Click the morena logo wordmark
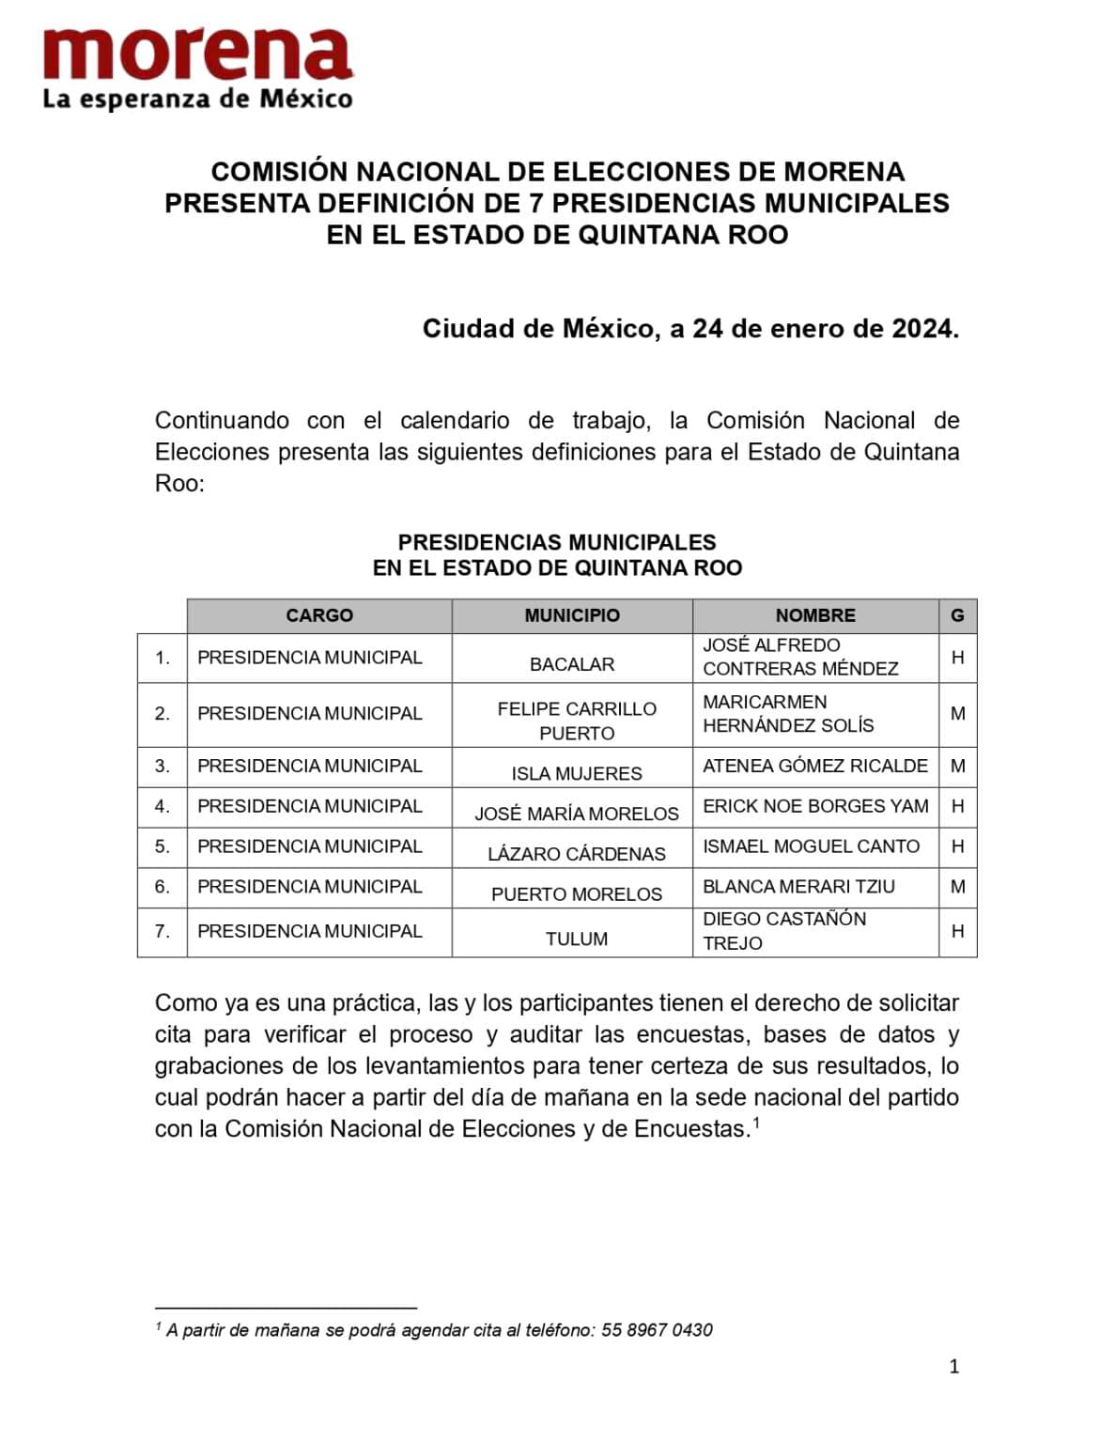pos(197,54)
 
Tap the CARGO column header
pos(319,615)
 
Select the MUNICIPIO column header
pos(572,615)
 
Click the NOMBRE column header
pos(815,615)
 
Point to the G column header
pos(957,615)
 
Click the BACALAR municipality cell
pos(572,664)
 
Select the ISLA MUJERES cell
pos(577,773)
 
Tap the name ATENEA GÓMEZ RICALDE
pos(815,766)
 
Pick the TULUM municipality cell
pos(577,939)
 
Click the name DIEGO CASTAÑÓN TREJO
pos(784,930)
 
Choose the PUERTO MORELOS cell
pos(577,894)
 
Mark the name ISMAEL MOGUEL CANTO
pos(812,846)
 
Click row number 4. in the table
pos(163,806)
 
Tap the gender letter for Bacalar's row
pos(957,658)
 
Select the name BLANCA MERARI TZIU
pos(799,887)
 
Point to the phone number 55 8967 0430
pos(657,1330)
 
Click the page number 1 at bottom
pos(954,1367)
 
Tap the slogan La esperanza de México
pos(197,99)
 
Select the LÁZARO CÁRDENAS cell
pos(577,854)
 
